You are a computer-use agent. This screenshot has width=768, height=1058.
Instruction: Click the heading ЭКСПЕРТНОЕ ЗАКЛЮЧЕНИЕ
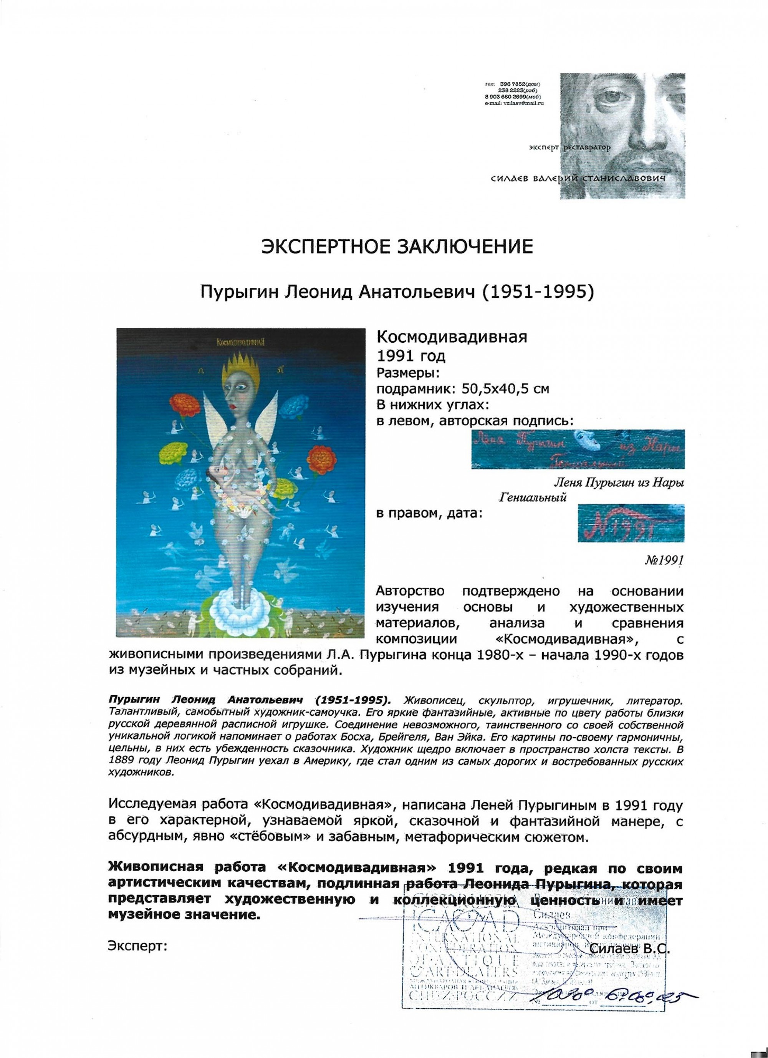[x=396, y=248]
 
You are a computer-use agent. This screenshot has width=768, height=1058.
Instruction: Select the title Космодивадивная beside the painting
[x=450, y=337]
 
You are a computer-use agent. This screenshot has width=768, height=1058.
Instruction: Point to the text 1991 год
[x=410, y=357]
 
